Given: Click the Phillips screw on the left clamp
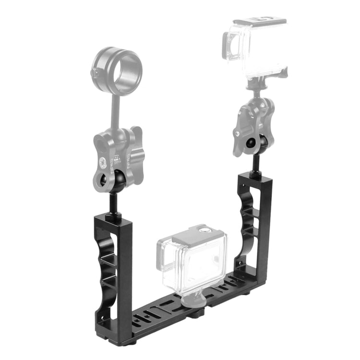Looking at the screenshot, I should click(103, 161).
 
